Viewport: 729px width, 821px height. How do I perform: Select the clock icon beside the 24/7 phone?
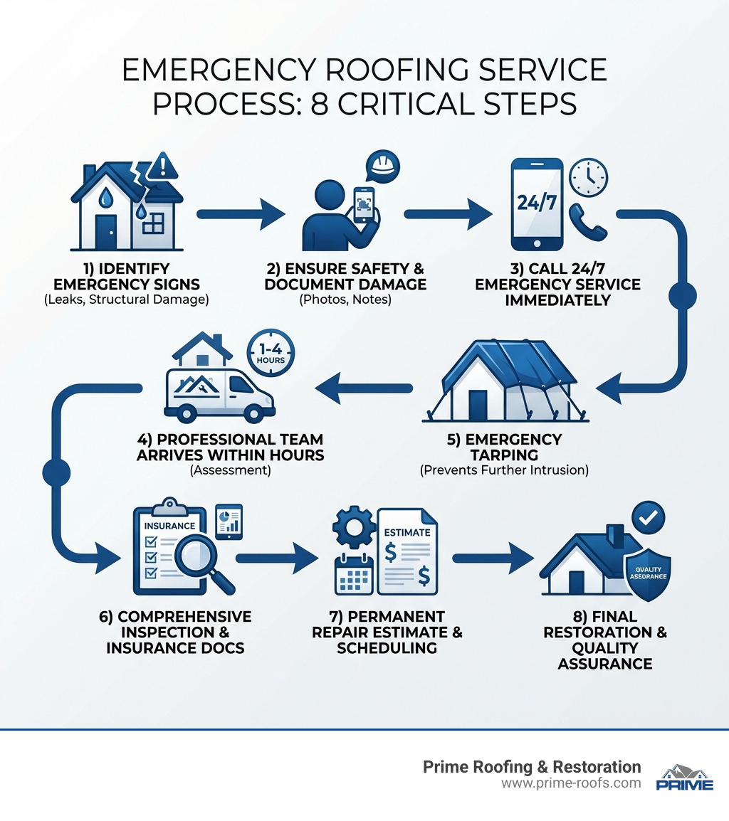589,175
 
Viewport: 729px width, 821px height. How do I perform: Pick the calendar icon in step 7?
354,575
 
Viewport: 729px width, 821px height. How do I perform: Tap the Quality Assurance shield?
646,573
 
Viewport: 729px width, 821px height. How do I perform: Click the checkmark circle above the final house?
648,519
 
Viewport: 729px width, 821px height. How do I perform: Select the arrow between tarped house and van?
363,388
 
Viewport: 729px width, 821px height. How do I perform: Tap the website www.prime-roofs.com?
571,783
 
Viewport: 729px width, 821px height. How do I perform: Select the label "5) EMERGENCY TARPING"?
504,447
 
